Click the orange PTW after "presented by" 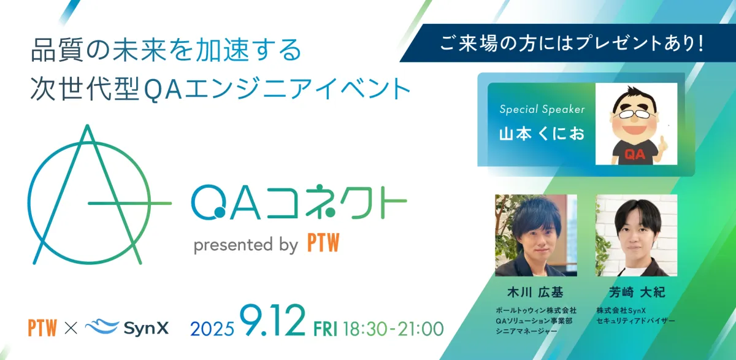point(323,243)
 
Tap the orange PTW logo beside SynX point(42,327)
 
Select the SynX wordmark point(146,329)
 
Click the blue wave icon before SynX point(102,326)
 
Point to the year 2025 point(212,329)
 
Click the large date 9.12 point(272,320)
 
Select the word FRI point(325,329)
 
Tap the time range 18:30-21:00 point(393,329)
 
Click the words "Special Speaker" point(542,109)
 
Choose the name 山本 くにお point(542,134)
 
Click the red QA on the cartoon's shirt point(634,154)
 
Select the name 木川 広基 point(535,292)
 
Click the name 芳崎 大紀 point(637,292)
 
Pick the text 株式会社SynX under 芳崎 point(621,310)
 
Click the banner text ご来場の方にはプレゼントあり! point(572,44)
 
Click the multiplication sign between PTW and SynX point(71,328)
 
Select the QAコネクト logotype point(299,201)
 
